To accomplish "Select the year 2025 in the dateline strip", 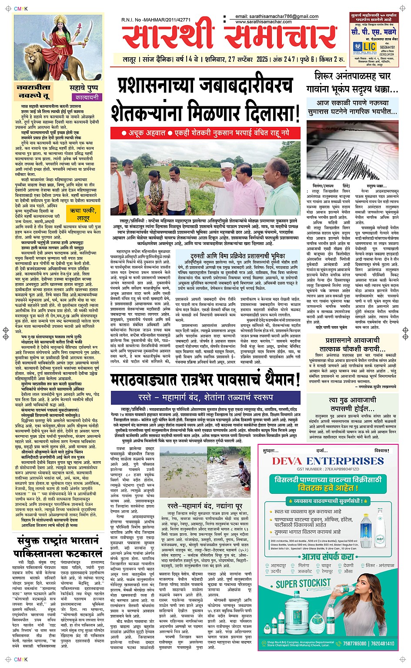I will click(262, 59).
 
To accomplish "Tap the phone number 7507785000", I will click(354, 643).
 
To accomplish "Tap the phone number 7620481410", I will click(382, 643).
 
